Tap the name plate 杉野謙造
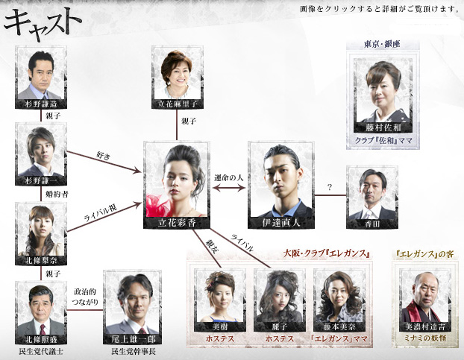click(x=41, y=104)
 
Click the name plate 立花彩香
click(x=177, y=222)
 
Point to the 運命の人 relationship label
click(x=229, y=178)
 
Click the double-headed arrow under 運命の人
click(x=229, y=188)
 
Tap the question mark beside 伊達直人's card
click(x=330, y=187)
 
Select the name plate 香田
click(x=372, y=224)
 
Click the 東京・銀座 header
click(x=382, y=44)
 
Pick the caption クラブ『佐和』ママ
click(x=383, y=140)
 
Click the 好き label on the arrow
click(x=104, y=156)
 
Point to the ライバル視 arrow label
click(x=100, y=213)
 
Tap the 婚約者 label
click(x=57, y=194)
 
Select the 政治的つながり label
click(x=84, y=297)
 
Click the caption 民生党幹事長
click(x=134, y=352)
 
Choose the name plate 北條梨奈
click(x=41, y=260)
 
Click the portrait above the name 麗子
click(x=279, y=296)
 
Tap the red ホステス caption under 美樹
click(x=220, y=338)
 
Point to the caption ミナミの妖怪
click(x=425, y=338)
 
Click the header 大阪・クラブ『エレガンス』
click(x=327, y=253)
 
